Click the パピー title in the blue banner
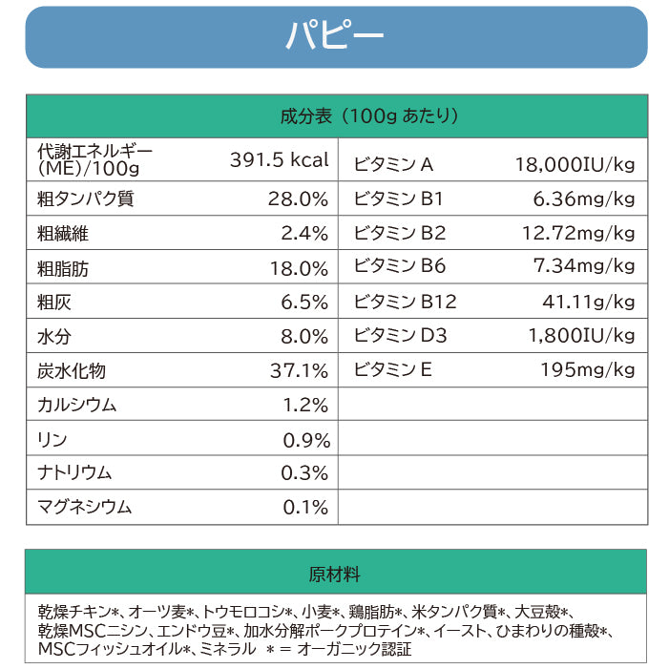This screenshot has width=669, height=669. pos(334,36)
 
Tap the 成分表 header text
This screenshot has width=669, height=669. pos(305,116)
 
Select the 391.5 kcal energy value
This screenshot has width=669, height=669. pos(279,159)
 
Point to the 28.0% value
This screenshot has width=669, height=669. pos(298,199)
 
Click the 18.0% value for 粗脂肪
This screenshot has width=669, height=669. pos(298,268)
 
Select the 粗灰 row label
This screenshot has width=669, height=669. pos(54,303)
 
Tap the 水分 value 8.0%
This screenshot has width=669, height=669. pos(304,337)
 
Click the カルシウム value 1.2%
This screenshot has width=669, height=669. pos(305,405)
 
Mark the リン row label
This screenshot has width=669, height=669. pos(52,439)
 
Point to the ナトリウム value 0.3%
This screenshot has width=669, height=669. pos(305,473)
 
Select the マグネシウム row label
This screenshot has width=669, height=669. pos(84,508)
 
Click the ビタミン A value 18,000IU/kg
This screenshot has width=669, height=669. pos(575,164)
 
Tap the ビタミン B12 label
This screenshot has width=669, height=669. pos(405,303)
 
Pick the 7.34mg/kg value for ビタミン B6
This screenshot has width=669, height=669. pos(584,266)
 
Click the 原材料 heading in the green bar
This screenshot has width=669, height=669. pos(334,575)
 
